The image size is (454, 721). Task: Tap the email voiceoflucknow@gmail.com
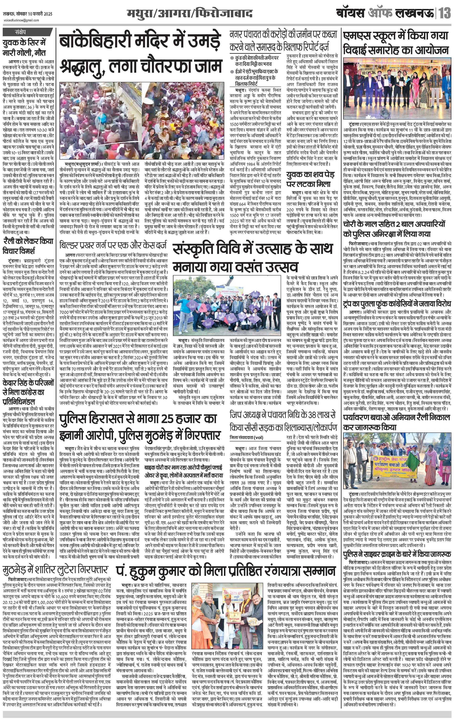click(21, 20)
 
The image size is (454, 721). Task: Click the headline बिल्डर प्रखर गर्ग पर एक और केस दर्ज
click(113, 246)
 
